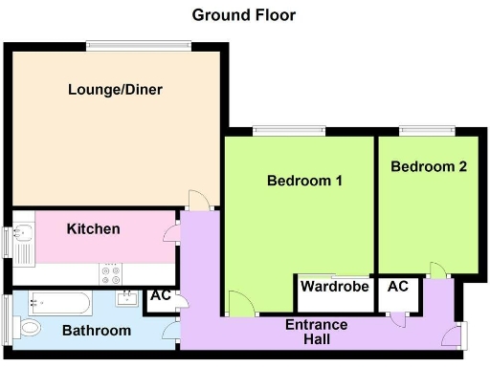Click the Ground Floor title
[x=244, y=14]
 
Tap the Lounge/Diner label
[x=115, y=90]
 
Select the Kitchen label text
[x=93, y=228]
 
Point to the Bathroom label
[x=96, y=331]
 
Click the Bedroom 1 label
[x=304, y=180]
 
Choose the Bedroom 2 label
[x=429, y=165]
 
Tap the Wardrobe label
[x=334, y=286]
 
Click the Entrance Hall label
[x=317, y=332]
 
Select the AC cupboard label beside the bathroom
[x=160, y=295]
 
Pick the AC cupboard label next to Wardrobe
[x=397, y=286]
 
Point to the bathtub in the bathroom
[x=59, y=302]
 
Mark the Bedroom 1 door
[x=241, y=304]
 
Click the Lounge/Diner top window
[x=138, y=43]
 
